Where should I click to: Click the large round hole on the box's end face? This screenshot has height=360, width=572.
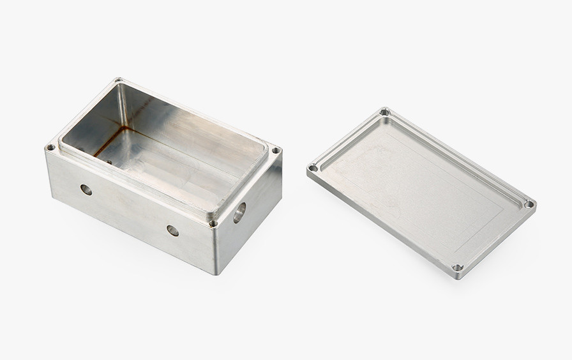tap(239, 212)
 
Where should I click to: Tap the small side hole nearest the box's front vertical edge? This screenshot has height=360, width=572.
tap(172, 230)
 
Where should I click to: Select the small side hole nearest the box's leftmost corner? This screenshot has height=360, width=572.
tap(86, 190)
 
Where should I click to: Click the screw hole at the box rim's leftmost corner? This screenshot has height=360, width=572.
tap(50, 147)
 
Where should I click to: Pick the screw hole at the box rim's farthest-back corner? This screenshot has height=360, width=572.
tap(118, 81)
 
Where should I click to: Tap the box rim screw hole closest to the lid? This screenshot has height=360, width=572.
tap(276, 151)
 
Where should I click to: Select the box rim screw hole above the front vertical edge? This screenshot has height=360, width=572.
tap(213, 223)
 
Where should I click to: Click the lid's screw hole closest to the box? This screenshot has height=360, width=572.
tap(313, 168)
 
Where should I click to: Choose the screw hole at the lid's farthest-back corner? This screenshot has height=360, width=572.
tap(384, 112)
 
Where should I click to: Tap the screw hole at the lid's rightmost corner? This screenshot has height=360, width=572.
tap(529, 204)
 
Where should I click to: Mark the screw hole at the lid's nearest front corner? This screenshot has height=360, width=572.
tap(457, 267)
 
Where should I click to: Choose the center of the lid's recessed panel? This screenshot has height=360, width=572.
tap(421, 188)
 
